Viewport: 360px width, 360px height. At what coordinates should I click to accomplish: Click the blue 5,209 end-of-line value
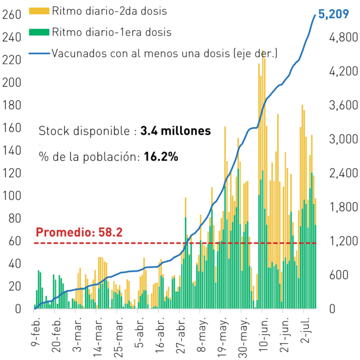click(x=334, y=14)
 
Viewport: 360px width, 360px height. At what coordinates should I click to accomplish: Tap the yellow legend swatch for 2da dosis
click(x=39, y=11)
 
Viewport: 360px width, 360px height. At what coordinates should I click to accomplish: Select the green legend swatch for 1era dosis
click(x=39, y=32)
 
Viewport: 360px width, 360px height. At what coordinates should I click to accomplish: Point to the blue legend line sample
click(x=39, y=53)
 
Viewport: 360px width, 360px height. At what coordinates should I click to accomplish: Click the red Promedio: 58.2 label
click(x=79, y=232)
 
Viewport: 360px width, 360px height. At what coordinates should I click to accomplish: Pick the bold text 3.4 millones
click(x=175, y=131)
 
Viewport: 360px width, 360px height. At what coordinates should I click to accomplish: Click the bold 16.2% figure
click(x=161, y=157)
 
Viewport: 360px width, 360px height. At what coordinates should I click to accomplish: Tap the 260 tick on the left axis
click(x=12, y=15)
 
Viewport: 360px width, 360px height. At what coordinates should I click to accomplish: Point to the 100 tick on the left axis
click(x=12, y=196)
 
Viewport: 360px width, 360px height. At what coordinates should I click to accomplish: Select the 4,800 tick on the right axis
click(x=344, y=37)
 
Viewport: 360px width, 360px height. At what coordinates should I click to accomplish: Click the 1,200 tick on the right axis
click(x=344, y=241)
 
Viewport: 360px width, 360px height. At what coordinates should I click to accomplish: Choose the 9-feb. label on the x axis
click(x=36, y=331)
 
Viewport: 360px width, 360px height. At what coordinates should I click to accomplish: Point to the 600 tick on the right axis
click(x=339, y=275)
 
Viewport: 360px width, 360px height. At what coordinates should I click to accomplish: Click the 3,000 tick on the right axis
click(x=344, y=139)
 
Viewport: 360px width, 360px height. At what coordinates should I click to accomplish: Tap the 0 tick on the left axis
click(x=18, y=309)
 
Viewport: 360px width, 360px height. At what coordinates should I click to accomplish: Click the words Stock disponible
click(x=84, y=131)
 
